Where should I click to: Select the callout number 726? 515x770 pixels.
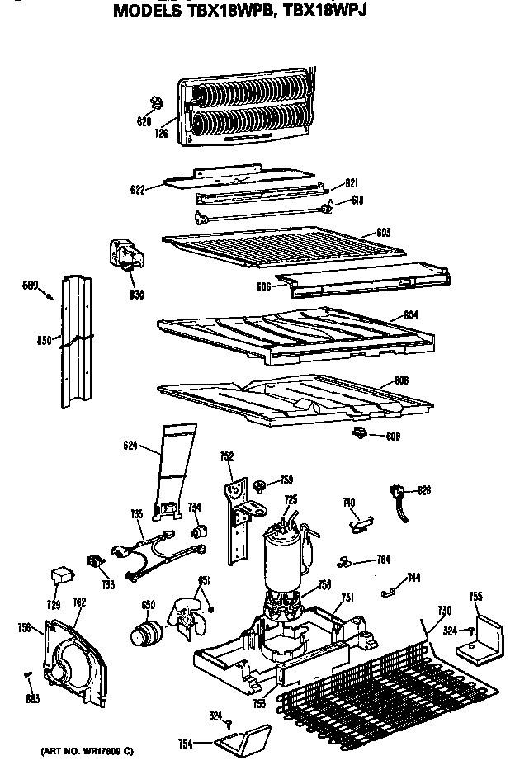[161, 132]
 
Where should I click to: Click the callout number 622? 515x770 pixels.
[138, 190]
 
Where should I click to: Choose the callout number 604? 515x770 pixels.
[411, 315]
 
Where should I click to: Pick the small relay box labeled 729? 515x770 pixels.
[60, 573]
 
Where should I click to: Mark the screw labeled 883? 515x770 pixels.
[27, 677]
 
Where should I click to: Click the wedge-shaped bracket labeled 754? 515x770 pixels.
[244, 736]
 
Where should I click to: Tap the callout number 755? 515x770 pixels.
[475, 596]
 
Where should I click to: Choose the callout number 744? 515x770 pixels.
[413, 577]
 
